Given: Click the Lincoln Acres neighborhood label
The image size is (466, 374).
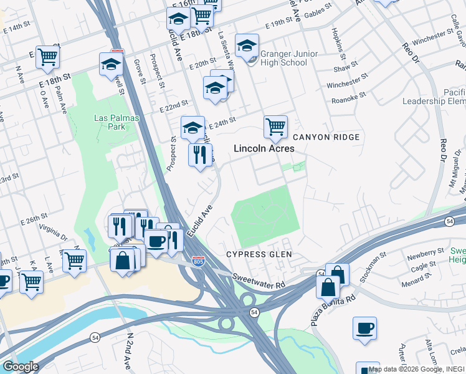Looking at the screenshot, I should click(264, 149).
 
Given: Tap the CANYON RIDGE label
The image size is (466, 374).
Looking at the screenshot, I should click(326, 137).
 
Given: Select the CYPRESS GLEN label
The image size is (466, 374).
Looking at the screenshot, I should click(259, 254).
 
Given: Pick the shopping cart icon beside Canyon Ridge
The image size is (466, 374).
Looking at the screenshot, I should click(275, 127).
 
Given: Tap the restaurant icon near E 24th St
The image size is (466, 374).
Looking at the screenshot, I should click(200, 155).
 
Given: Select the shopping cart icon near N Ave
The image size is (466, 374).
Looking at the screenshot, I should click(47, 57).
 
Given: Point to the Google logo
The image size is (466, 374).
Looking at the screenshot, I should click(20, 367).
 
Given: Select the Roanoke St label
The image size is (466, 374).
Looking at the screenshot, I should click(346, 99).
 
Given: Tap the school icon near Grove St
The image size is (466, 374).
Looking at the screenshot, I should click(111, 64).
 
